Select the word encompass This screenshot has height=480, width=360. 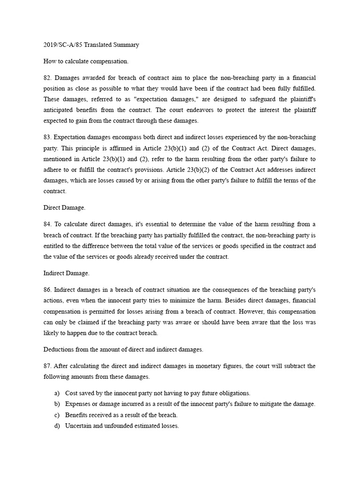pyautogui.click(x=119, y=137)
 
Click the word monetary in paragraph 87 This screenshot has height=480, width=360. pyautogui.click(x=210, y=366)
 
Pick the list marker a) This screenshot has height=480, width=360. pyautogui.click(x=57, y=393)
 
